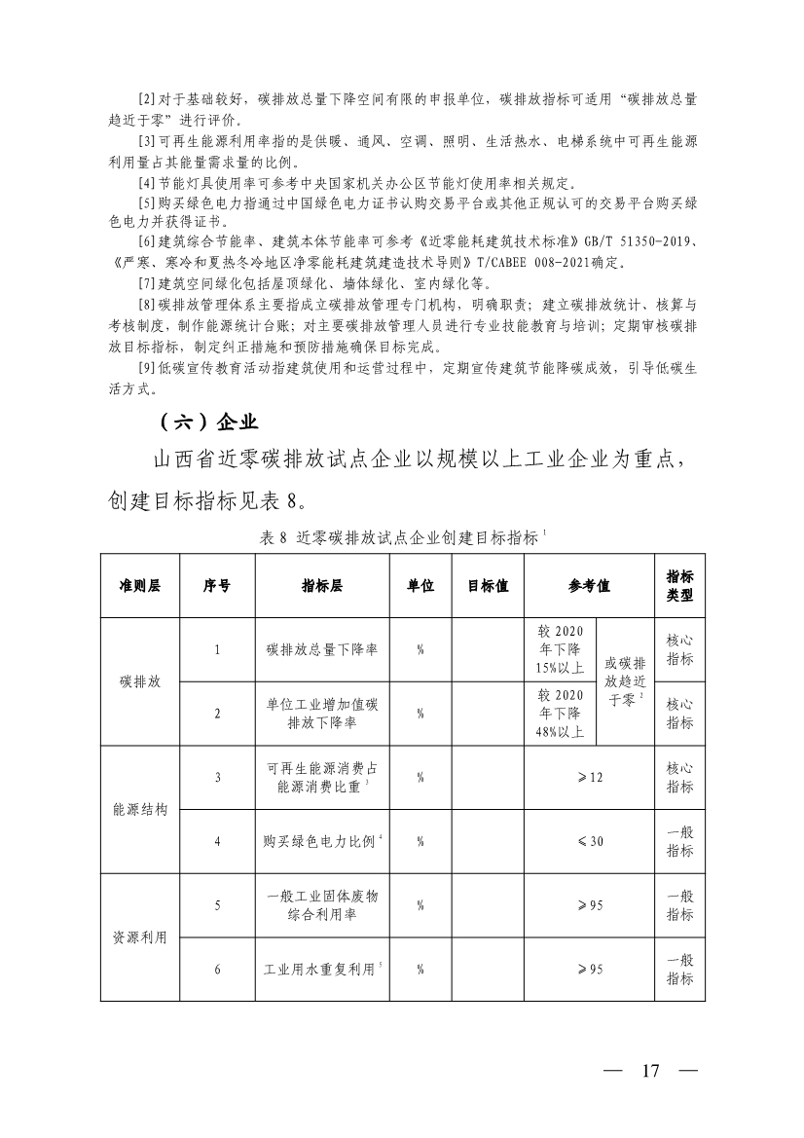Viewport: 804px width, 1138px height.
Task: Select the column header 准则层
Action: (139, 586)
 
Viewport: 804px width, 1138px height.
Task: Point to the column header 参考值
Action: (589, 586)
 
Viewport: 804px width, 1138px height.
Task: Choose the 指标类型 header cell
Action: (679, 586)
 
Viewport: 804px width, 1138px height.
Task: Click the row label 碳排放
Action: (139, 681)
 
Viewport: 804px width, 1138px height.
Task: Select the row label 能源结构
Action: (139, 809)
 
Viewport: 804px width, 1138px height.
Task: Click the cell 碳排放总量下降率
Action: (321, 649)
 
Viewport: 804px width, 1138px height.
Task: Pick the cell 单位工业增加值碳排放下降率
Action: (321, 714)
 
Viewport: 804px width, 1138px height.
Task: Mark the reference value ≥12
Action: (590, 777)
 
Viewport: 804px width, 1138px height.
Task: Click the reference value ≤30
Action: (590, 841)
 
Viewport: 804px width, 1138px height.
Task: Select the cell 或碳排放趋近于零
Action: (624, 681)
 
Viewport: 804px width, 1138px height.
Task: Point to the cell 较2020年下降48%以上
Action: (559, 714)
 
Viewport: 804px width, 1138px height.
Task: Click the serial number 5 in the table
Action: (217, 905)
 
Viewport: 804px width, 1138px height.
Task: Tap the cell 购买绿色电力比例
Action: (321, 841)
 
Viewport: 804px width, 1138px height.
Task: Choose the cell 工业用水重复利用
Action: (321, 970)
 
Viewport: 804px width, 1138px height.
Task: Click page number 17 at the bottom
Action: (650, 1071)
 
